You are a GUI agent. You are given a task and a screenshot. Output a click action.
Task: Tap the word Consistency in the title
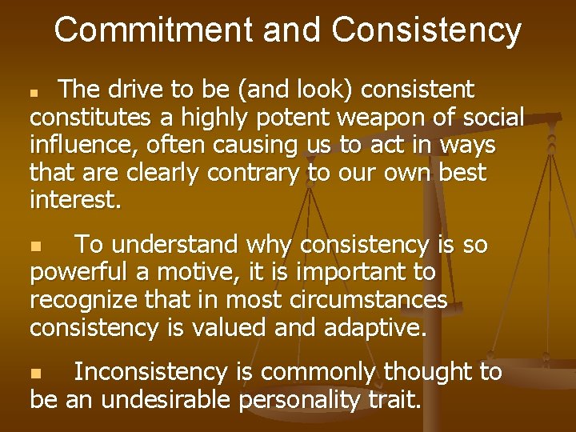point(426,30)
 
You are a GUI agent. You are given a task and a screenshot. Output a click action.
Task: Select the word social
point(494,118)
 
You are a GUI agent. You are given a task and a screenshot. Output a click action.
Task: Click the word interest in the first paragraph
point(73,199)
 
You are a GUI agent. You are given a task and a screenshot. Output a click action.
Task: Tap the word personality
point(299,399)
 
